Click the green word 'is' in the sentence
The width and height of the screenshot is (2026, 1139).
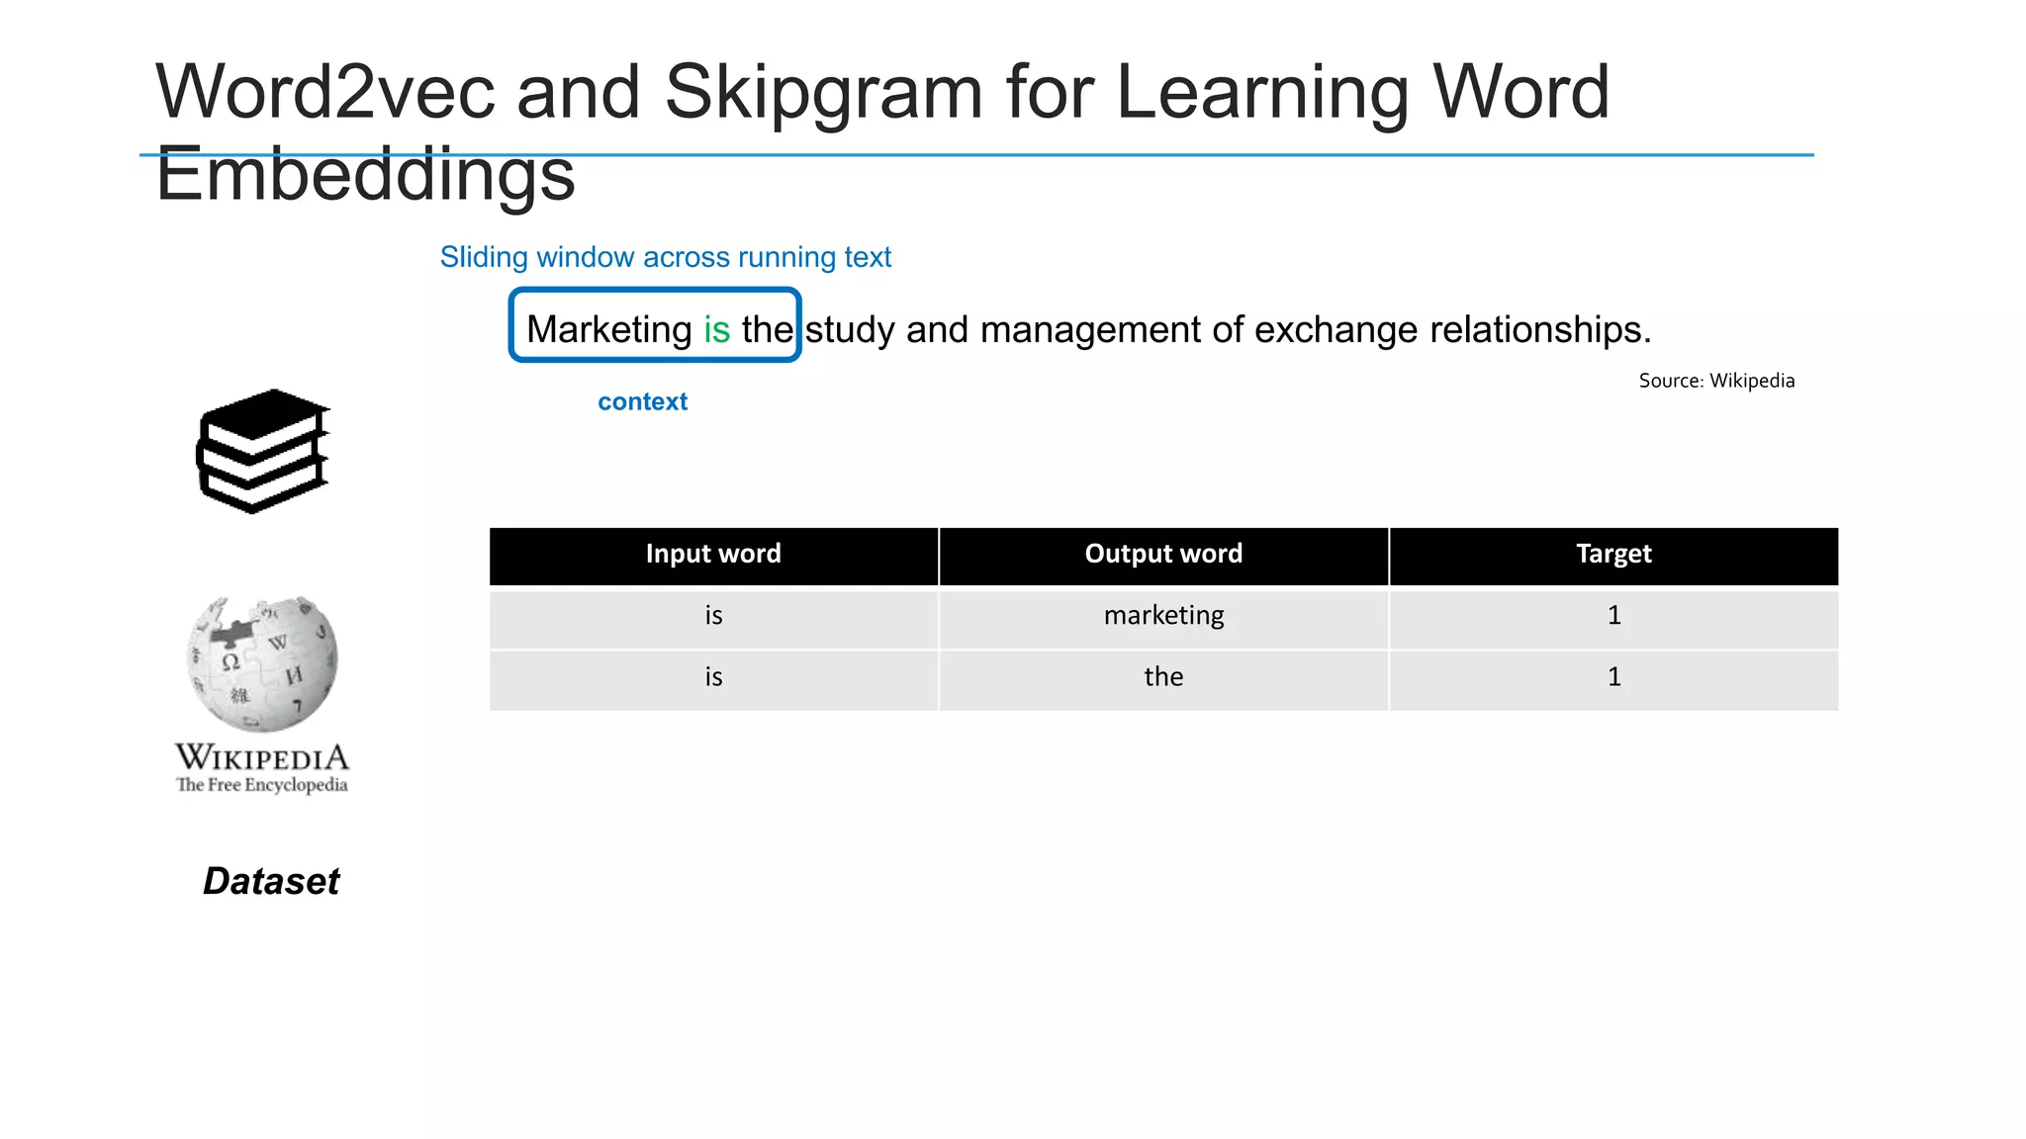tap(716, 329)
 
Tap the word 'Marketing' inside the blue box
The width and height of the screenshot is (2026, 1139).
tap(608, 329)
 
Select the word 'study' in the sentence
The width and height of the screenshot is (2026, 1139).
tap(850, 329)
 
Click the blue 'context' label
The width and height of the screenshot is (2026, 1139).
tap(642, 401)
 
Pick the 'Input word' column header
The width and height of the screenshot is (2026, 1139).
tap(713, 554)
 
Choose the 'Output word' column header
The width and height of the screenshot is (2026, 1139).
tap(1163, 554)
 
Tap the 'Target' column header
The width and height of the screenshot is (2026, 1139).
tap(1613, 554)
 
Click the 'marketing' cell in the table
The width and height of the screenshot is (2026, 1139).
tap(1163, 616)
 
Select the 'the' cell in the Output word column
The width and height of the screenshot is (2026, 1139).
tap(1163, 677)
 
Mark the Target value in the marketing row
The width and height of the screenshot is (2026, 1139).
tap(1613, 616)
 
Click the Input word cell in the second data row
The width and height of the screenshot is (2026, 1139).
tap(713, 677)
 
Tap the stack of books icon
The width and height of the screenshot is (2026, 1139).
tap(263, 451)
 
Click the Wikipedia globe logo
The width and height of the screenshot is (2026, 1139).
tap(263, 662)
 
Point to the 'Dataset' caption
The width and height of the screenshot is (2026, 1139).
tap(271, 881)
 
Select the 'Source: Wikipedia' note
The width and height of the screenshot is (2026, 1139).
tap(1716, 381)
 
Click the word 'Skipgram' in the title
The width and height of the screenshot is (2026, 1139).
tap(823, 92)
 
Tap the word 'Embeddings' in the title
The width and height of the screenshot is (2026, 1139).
tap(365, 175)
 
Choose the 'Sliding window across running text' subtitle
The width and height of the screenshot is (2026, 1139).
tap(665, 257)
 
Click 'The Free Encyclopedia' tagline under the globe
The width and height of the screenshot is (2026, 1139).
tap(262, 785)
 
